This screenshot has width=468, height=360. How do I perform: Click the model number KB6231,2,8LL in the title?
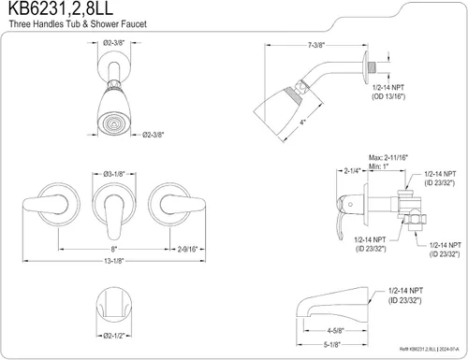pyautogui.click(x=61, y=8)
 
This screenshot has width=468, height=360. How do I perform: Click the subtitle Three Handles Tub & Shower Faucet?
pyautogui.click(x=78, y=24)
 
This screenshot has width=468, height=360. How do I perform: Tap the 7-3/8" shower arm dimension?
pyautogui.click(x=316, y=45)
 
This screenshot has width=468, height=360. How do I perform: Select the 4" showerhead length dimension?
pyautogui.click(x=302, y=122)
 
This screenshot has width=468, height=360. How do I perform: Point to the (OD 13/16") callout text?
pyautogui.click(x=388, y=96)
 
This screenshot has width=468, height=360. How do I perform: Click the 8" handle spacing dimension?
pyautogui.click(x=114, y=249)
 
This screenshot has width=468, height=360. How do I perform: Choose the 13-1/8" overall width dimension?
pyautogui.click(x=114, y=261)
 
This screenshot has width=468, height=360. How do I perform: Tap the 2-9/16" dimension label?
pyautogui.click(x=187, y=249)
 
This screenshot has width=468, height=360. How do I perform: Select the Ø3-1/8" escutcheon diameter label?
pyautogui.click(x=114, y=174)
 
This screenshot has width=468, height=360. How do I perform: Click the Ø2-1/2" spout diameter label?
pyautogui.click(x=114, y=336)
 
